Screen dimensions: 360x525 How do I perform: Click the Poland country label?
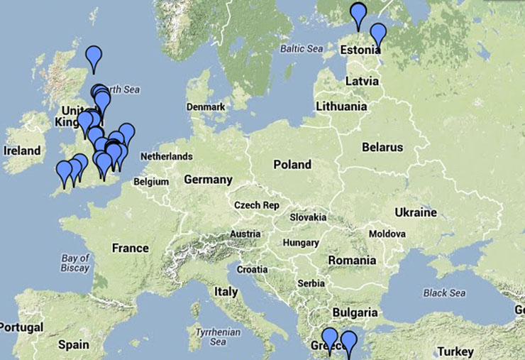click(x=292, y=165)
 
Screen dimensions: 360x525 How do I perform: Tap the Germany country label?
click(x=208, y=180)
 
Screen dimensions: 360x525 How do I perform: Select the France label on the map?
click(x=131, y=248)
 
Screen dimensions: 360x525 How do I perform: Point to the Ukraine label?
click(x=416, y=212)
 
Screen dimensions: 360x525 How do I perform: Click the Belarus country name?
click(x=382, y=148)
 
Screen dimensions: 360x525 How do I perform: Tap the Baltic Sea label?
click(x=302, y=49)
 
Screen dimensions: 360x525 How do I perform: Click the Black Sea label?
click(x=444, y=293)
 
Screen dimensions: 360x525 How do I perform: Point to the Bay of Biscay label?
click(x=74, y=263)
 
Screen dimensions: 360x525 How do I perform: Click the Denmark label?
click(x=206, y=107)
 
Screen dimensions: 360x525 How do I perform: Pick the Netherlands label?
click(x=166, y=156)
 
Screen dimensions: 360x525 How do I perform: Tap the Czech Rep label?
click(x=257, y=205)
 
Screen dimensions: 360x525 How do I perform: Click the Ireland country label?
click(x=22, y=151)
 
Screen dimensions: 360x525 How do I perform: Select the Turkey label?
click(x=455, y=351)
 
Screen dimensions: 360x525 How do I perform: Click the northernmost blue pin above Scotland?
click(x=94, y=57)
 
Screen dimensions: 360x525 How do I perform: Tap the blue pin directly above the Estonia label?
click(x=378, y=33)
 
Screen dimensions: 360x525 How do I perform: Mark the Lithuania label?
click(x=342, y=107)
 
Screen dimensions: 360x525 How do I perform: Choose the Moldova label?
click(x=387, y=234)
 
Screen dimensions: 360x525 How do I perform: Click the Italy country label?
click(x=226, y=291)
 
